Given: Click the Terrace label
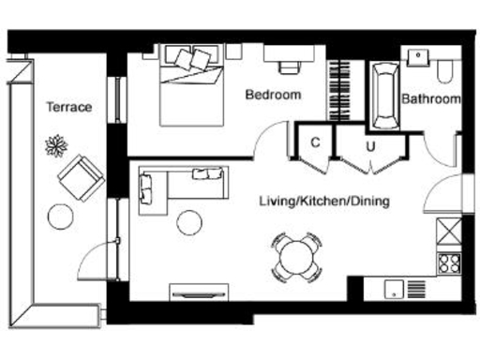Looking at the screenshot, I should click(69, 107).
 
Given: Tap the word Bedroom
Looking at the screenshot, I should click(273, 95).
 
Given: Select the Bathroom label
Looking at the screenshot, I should click(431, 98).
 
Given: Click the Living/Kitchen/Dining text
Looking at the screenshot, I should click(324, 201).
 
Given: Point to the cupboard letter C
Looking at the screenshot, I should click(315, 142).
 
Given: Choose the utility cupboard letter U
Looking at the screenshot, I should click(370, 145).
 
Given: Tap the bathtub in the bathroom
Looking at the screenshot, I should click(383, 97).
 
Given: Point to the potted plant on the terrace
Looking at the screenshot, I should click(54, 144).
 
